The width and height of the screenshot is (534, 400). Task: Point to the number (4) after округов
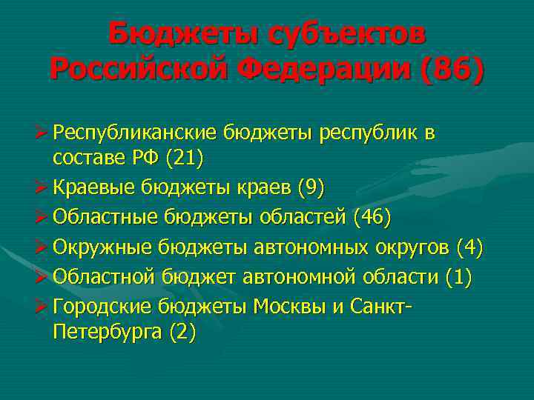click(x=469, y=248)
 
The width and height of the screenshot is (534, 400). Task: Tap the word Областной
click(x=105, y=278)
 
